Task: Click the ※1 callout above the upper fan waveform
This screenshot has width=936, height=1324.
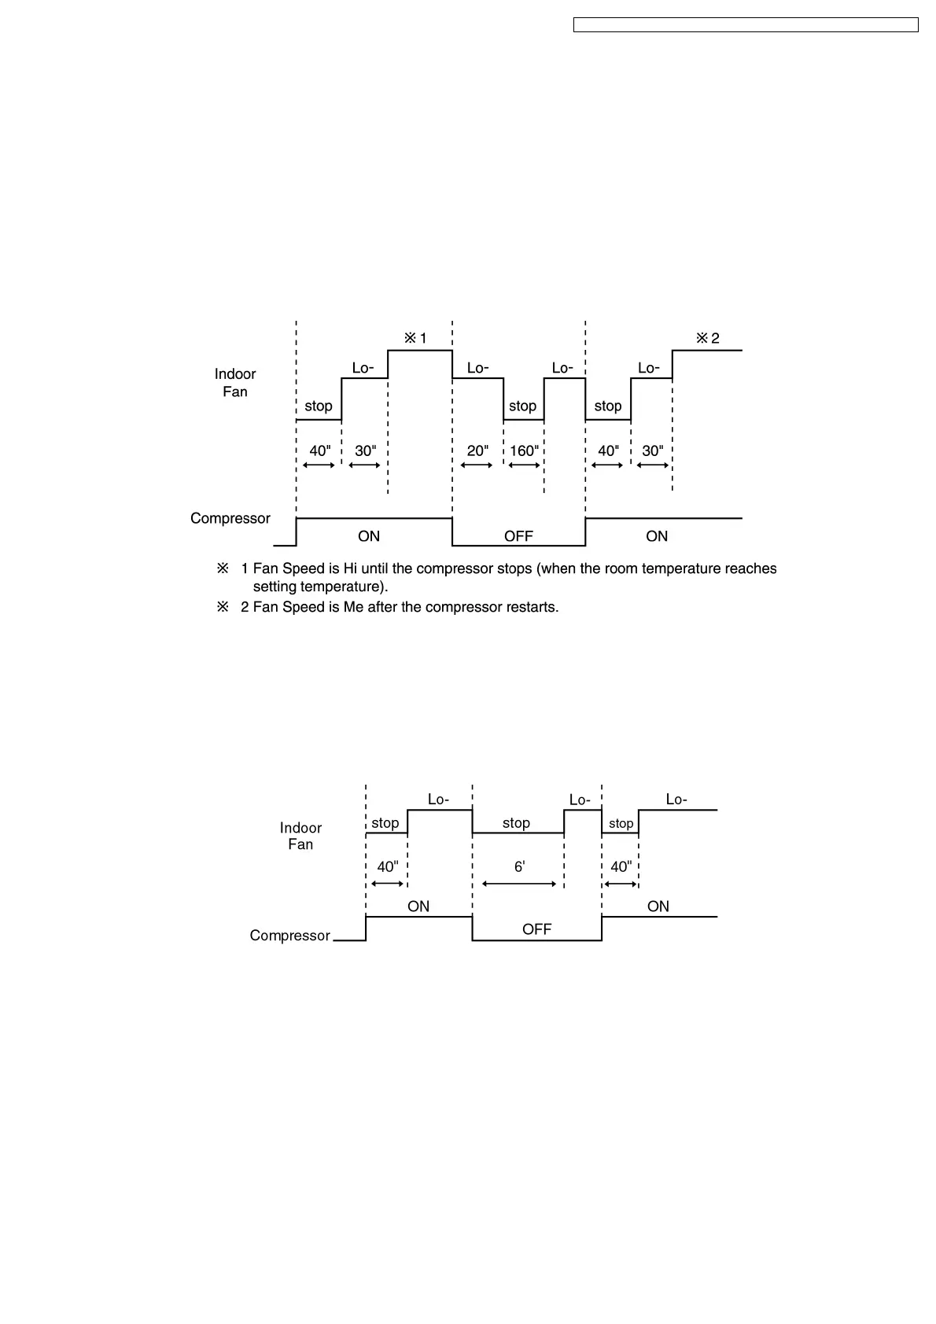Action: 415,338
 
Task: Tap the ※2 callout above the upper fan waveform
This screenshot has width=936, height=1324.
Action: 707,338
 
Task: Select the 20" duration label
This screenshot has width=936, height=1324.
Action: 477,451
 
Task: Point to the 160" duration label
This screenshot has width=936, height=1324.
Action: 524,451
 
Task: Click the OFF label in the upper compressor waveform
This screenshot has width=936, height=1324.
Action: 518,536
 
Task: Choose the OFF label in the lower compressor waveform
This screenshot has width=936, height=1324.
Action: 536,929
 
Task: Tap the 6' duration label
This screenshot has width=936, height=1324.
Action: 519,866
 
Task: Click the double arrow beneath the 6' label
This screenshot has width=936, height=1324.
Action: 519,884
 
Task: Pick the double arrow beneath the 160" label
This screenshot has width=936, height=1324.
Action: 525,465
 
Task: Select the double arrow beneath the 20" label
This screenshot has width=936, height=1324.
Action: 477,465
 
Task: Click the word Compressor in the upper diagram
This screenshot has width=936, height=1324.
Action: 230,518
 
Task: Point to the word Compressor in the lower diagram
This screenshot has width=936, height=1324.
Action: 289,936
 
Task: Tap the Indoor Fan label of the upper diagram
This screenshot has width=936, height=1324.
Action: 235,383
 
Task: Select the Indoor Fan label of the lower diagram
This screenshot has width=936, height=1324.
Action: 300,836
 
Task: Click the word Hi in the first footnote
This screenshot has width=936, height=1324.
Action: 350,568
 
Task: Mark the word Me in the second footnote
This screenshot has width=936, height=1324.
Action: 353,607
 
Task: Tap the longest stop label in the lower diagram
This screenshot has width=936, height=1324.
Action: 516,823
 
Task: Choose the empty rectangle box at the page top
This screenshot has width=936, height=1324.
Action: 746,25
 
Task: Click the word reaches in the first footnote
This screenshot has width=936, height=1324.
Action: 750,568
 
